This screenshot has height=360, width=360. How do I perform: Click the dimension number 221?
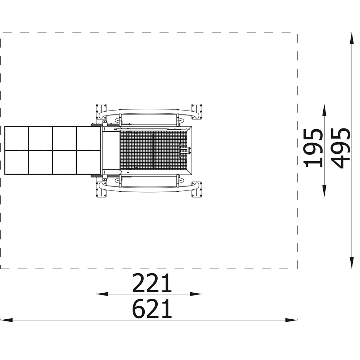[x=152, y=283]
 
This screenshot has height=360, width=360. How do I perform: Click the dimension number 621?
[x=152, y=309]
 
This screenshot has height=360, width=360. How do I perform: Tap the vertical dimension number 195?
[x=313, y=148]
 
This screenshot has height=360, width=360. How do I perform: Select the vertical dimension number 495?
[x=341, y=148]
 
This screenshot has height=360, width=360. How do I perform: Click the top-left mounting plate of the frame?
[x=101, y=111]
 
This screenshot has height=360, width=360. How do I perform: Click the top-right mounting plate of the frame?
[x=197, y=111]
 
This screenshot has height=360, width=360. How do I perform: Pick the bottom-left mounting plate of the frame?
[x=101, y=189]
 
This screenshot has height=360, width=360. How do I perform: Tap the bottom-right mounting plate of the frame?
[x=197, y=189]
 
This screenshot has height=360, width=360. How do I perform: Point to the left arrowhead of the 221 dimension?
[x=102, y=294]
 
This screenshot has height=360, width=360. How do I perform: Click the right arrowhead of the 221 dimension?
[x=196, y=294]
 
